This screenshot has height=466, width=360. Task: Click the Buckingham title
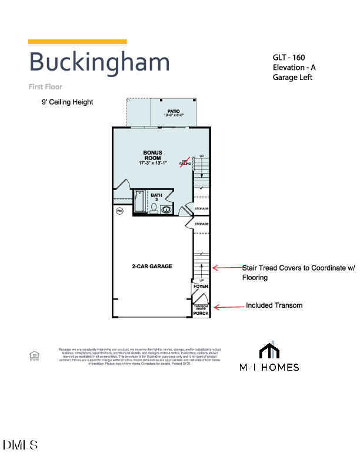click(x=99, y=62)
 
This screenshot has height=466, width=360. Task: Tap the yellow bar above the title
click(x=77, y=41)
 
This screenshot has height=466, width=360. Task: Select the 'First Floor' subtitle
click(x=45, y=86)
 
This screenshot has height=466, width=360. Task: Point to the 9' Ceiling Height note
click(x=67, y=102)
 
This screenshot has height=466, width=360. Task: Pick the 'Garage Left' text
click(x=292, y=77)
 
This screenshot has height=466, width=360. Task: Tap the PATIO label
click(x=173, y=111)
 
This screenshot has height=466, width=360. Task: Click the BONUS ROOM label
click(x=152, y=155)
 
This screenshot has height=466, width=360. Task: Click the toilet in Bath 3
click(x=154, y=209)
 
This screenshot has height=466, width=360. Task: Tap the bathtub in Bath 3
click(x=140, y=201)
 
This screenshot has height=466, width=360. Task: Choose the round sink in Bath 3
click(x=167, y=209)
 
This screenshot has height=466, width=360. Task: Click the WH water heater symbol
click(x=119, y=211)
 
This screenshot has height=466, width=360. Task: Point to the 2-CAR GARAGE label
click(x=152, y=267)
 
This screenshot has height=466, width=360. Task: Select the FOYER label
click(x=201, y=287)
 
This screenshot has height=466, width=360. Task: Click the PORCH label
click(x=201, y=314)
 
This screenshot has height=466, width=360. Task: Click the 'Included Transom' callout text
click(x=274, y=305)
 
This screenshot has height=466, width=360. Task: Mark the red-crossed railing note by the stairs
click(x=184, y=162)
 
